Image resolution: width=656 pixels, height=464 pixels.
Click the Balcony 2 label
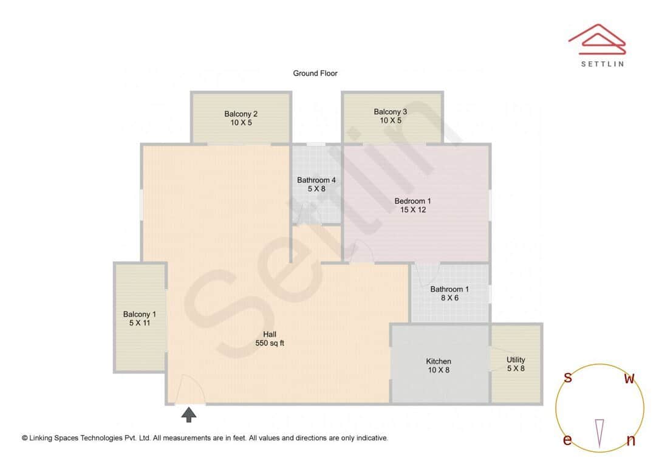[241, 114]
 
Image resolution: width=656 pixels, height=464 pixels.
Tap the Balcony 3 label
[390, 112]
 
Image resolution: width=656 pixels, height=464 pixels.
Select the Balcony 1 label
[140, 314]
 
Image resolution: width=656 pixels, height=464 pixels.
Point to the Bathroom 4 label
[316, 180]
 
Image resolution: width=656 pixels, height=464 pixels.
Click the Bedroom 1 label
[412, 201]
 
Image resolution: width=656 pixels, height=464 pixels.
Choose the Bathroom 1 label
[449, 289]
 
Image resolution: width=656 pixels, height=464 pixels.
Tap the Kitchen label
[439, 361]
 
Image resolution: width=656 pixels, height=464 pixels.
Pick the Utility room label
[516, 360]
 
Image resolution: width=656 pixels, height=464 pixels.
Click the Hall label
[270, 334]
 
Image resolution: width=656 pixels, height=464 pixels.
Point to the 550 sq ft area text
[270, 343]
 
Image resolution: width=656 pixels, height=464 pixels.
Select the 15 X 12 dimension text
[413, 210]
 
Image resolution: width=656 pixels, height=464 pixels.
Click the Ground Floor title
[315, 73]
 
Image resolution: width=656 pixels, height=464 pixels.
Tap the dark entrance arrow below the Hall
[190, 415]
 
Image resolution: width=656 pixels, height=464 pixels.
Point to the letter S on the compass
[568, 378]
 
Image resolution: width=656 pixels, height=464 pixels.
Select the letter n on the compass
[630, 440]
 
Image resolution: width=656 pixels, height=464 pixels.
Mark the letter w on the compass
[630, 379]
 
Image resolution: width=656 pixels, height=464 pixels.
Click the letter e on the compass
[567, 440]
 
